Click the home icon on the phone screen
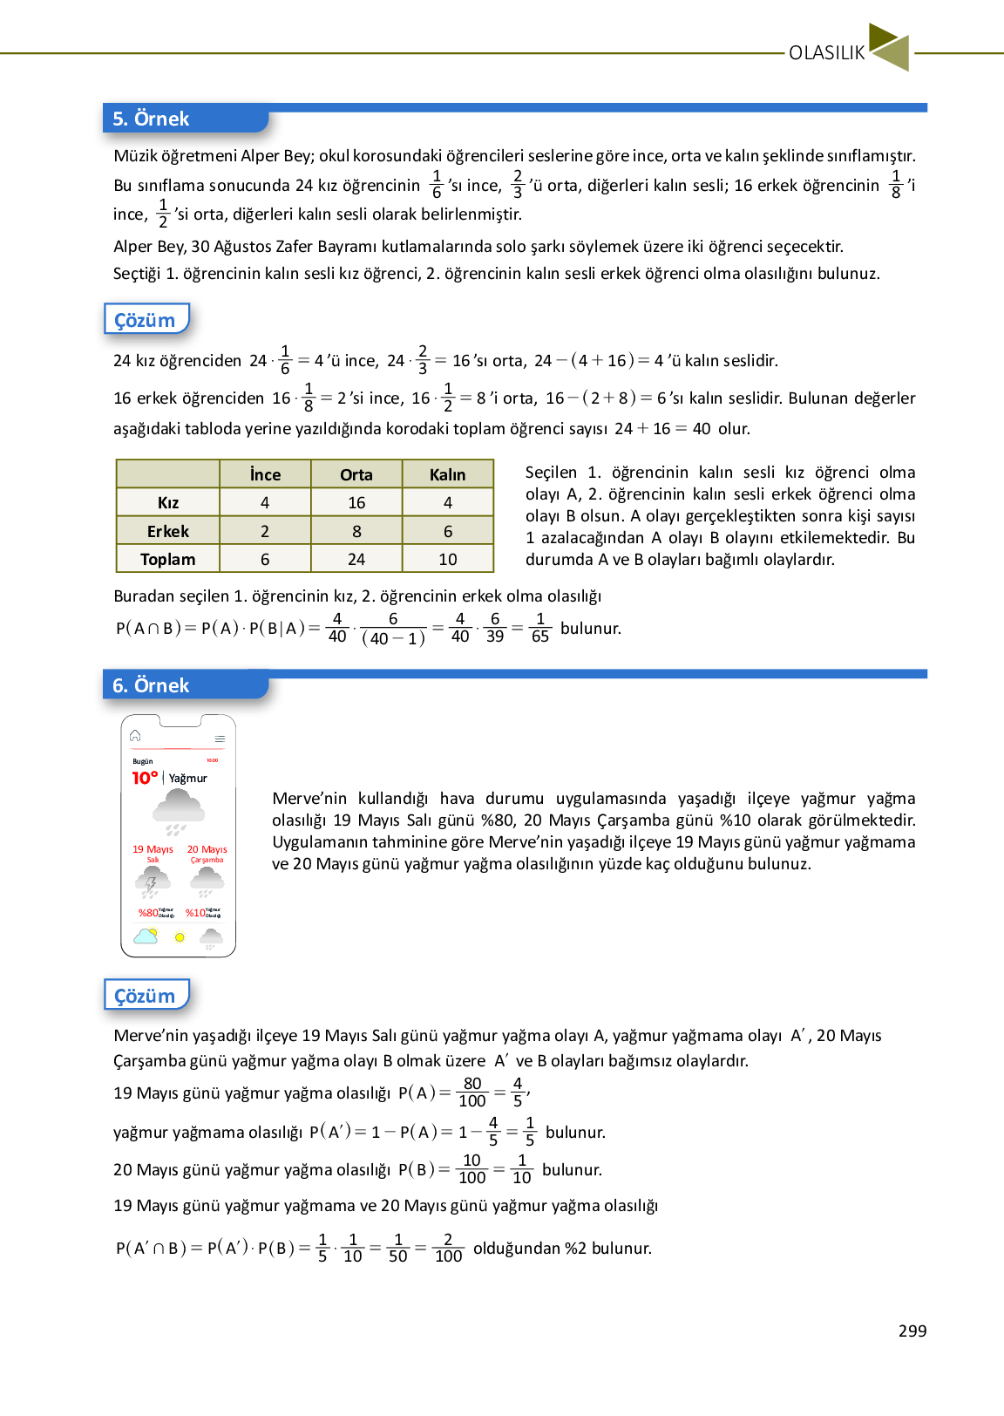click(135, 736)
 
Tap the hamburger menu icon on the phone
click(220, 739)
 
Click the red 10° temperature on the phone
click(145, 778)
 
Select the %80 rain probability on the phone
click(149, 913)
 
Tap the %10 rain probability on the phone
click(195, 913)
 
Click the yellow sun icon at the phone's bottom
click(180, 937)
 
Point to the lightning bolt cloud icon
click(152, 882)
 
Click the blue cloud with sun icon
click(146, 936)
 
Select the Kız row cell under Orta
click(356, 503)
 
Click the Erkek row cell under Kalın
click(448, 531)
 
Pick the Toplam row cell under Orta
click(356, 559)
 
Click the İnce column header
click(265, 474)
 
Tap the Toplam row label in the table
click(167, 559)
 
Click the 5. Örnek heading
click(151, 119)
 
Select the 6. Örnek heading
click(151, 685)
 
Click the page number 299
click(912, 1331)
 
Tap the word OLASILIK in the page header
click(826, 53)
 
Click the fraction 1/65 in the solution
click(540, 628)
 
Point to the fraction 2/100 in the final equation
click(448, 1248)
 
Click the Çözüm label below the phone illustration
click(145, 996)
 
